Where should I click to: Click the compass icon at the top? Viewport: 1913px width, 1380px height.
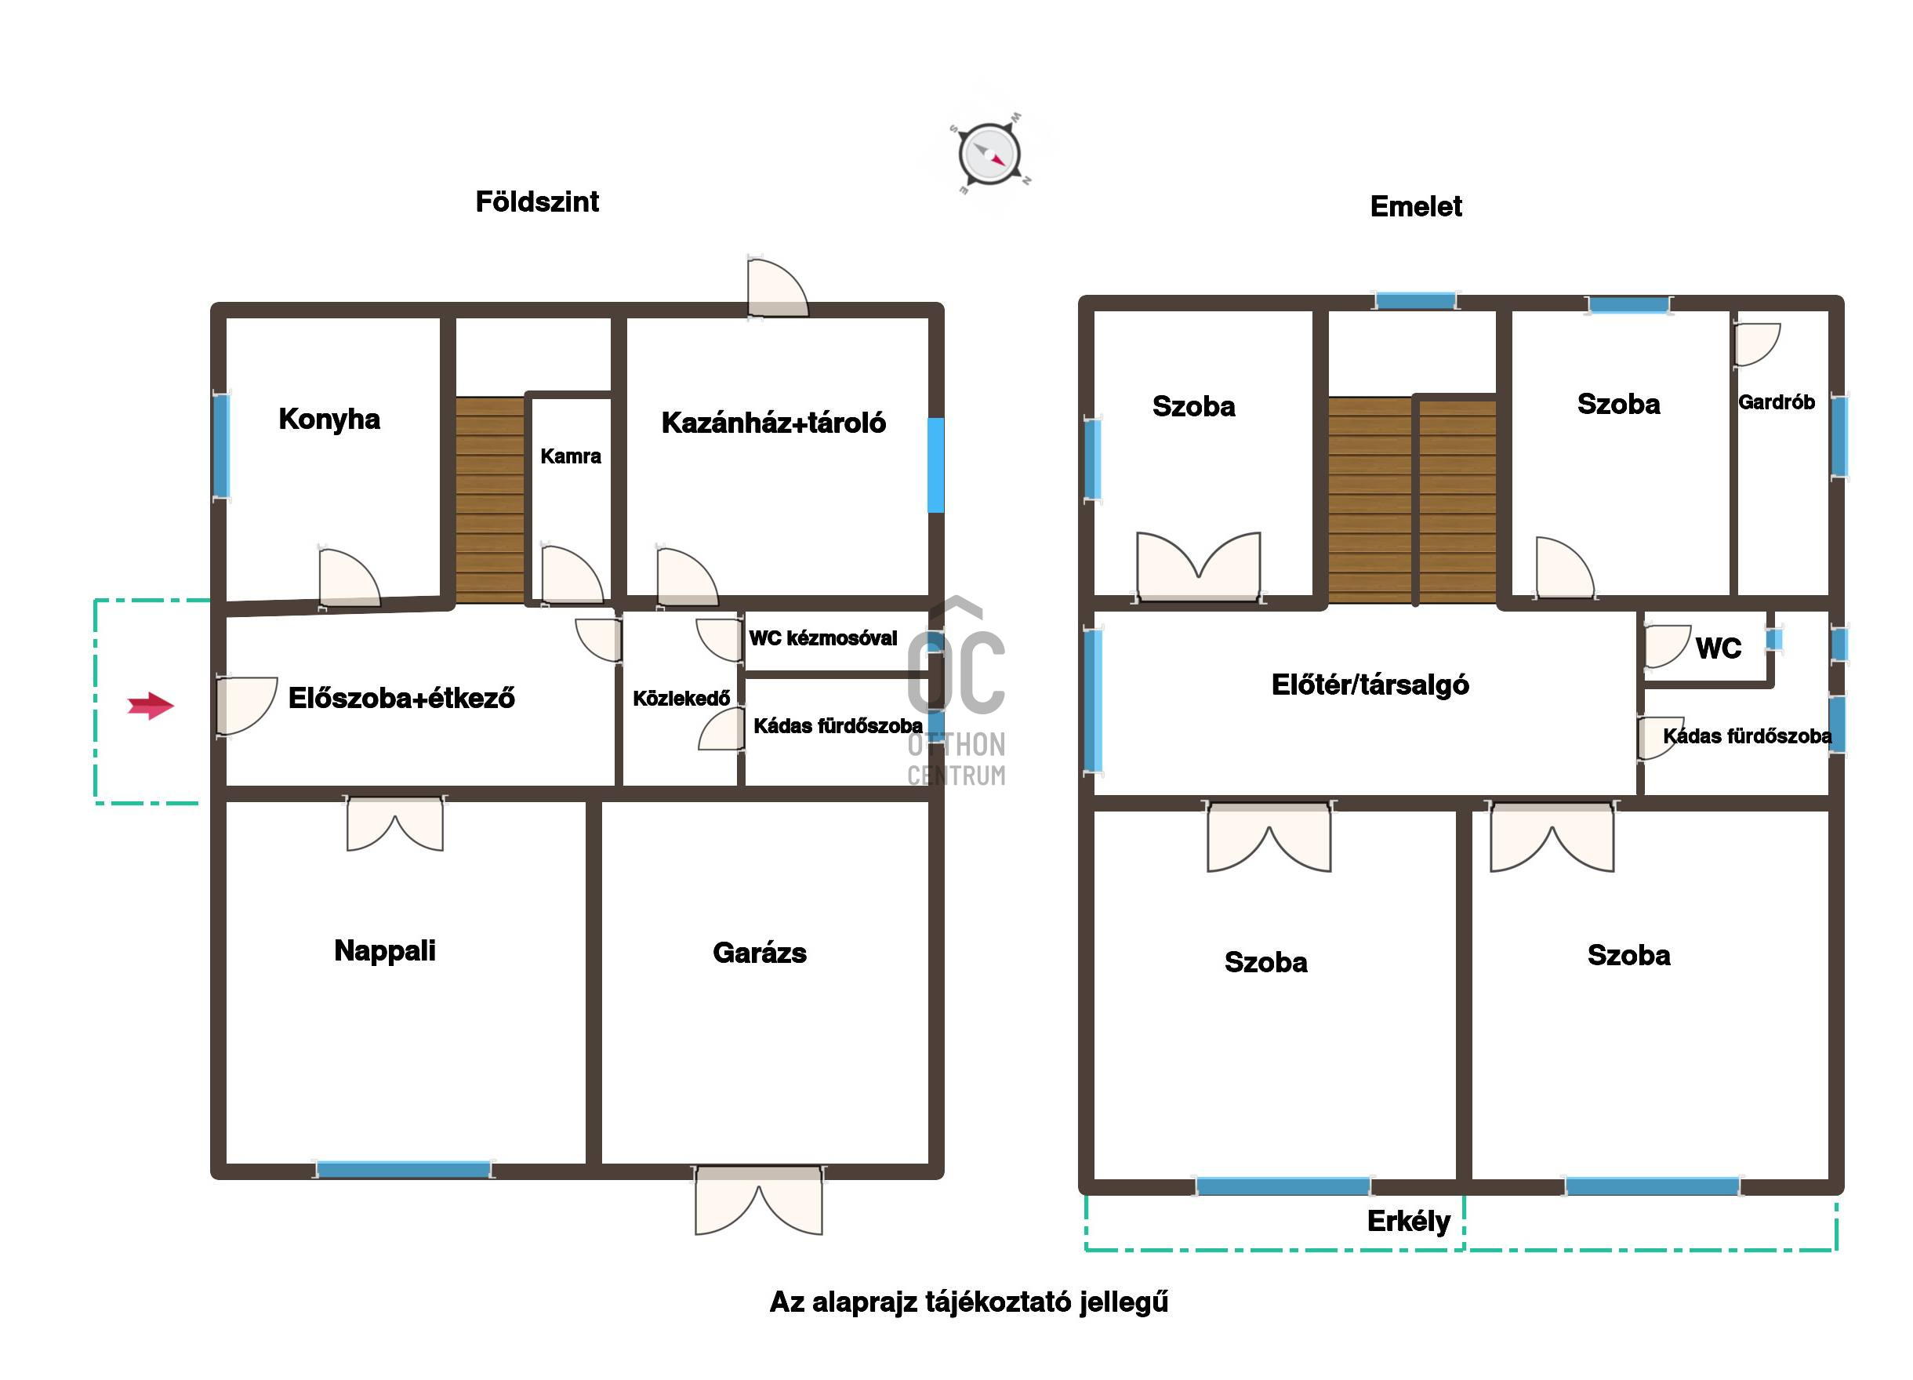(x=990, y=154)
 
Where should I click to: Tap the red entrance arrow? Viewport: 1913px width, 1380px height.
(x=151, y=705)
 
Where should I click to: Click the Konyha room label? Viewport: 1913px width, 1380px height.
(x=329, y=419)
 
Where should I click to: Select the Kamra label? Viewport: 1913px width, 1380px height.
(x=570, y=456)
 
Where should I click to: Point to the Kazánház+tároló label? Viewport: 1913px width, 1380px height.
(x=774, y=423)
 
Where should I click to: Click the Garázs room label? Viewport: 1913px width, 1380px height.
(x=759, y=953)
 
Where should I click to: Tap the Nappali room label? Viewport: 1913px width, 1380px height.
(x=385, y=950)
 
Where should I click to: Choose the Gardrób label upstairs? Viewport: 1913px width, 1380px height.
(x=1777, y=402)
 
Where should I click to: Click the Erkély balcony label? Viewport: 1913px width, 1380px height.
(x=1409, y=1221)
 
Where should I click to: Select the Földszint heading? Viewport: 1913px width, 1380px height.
(x=537, y=202)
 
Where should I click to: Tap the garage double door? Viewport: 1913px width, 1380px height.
(x=758, y=1200)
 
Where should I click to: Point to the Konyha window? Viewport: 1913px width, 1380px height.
(x=221, y=446)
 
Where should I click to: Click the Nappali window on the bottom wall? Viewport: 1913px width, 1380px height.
(x=403, y=1170)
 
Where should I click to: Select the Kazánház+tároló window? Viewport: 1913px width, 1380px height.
(x=935, y=465)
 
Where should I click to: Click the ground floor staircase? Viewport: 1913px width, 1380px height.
(x=490, y=500)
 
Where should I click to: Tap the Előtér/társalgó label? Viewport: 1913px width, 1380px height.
(x=1370, y=685)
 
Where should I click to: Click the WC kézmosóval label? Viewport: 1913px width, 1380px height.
(x=823, y=638)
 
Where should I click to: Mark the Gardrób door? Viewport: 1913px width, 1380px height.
(x=1758, y=345)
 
